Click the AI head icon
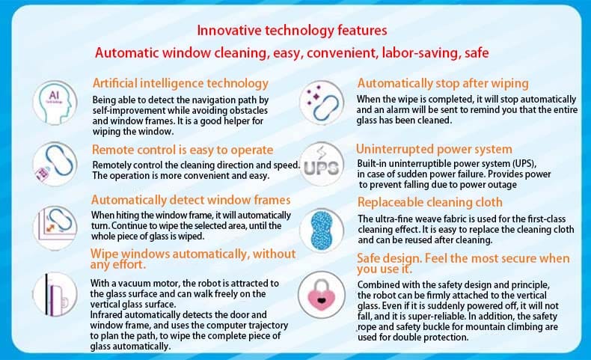[55, 102]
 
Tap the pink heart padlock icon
[322, 294]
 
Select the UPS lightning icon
[322, 165]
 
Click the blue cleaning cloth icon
[322, 231]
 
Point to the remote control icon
[55, 164]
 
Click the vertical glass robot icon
[55, 294]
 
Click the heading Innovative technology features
[292, 30]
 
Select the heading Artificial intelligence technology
[180, 83]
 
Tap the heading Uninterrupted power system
[434, 149]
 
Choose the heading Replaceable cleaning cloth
[430, 202]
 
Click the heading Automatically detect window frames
[191, 200]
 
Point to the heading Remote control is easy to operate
[183, 150]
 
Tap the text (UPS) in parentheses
[524, 164]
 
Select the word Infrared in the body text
[106, 315]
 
